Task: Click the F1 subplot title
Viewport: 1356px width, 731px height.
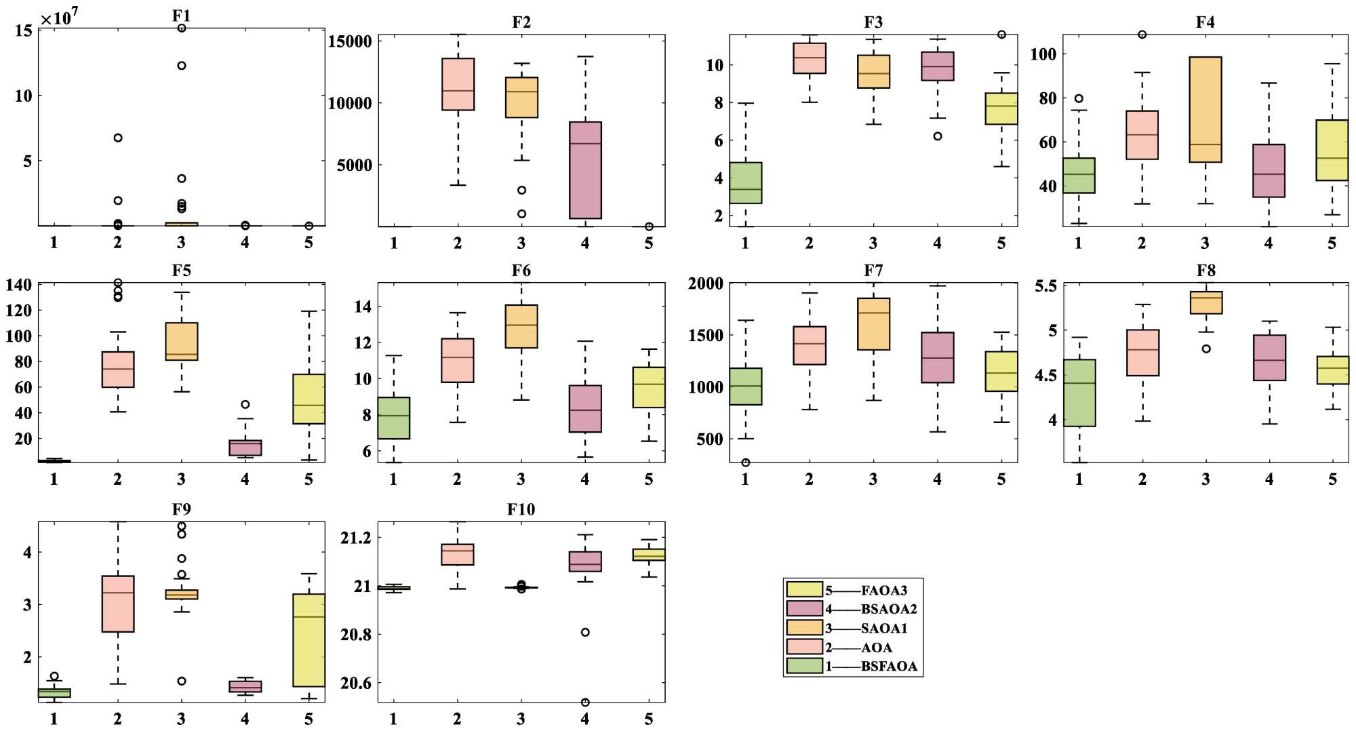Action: click(181, 15)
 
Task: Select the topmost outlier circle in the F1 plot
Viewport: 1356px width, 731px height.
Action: click(182, 28)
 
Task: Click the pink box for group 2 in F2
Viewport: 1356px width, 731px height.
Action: click(458, 84)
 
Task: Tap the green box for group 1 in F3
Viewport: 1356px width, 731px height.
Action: click(746, 183)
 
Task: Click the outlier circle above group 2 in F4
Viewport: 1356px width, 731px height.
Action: click(1142, 35)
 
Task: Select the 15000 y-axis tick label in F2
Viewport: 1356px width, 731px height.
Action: click(350, 41)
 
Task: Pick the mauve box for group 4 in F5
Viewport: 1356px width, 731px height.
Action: click(245, 448)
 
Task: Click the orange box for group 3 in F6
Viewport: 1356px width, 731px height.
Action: click(521, 326)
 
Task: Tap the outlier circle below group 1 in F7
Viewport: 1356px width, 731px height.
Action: click(746, 462)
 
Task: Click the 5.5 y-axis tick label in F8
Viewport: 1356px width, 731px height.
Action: click(1045, 286)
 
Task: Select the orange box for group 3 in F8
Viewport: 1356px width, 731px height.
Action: click(1206, 302)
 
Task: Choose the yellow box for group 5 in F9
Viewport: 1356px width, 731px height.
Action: click(309, 640)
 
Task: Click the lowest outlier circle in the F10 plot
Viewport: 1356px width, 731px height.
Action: click(585, 702)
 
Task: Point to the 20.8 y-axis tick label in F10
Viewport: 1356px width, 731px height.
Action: click(356, 635)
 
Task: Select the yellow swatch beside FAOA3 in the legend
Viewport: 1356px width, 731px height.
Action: click(804, 590)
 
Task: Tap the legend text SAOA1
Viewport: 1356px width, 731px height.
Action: click(883, 629)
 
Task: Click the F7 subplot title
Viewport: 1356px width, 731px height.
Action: click(873, 271)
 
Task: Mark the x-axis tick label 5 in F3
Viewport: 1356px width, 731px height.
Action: click(1001, 243)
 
